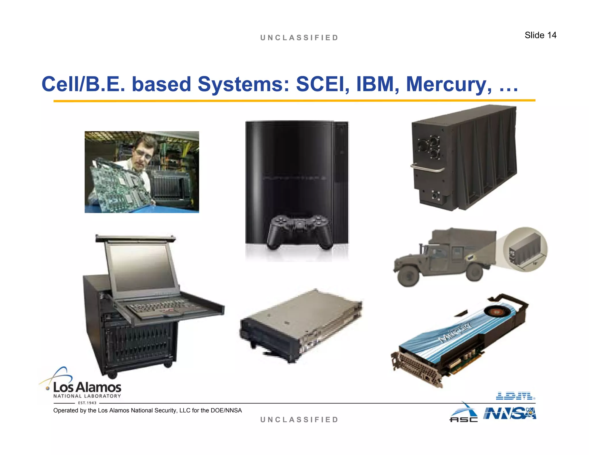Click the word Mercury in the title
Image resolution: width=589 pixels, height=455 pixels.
click(x=449, y=85)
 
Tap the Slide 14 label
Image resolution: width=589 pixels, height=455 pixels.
click(x=540, y=35)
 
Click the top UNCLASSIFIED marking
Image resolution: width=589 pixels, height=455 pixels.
click(x=299, y=38)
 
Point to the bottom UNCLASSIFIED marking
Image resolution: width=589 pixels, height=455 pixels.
click(x=299, y=420)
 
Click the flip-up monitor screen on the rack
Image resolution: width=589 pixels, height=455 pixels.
click(x=142, y=267)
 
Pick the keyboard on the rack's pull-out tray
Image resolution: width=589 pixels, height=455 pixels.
click(x=161, y=309)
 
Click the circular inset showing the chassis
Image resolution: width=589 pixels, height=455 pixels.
click(x=525, y=250)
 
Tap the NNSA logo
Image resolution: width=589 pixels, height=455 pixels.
click(x=510, y=414)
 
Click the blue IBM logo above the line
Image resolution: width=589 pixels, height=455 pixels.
click(x=515, y=396)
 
